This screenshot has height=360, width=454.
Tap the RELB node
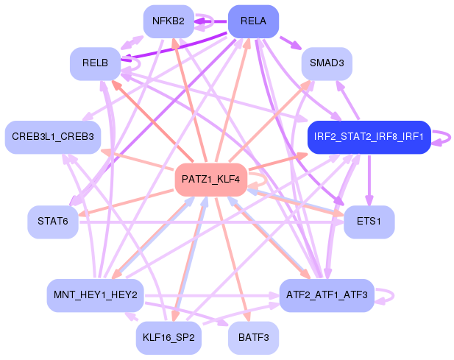(95, 63)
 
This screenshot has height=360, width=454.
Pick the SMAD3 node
(327, 63)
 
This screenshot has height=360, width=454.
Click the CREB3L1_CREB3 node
(53, 137)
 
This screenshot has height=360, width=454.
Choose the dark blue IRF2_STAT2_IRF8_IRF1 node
(368, 137)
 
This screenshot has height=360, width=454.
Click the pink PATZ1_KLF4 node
(210, 180)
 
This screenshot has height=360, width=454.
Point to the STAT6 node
(53, 222)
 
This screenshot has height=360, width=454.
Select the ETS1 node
(369, 222)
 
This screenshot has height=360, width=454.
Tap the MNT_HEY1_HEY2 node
(95, 294)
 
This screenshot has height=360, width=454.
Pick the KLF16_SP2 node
(168, 338)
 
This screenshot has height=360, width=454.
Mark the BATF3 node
(253, 338)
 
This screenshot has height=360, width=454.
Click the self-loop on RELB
(133, 65)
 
